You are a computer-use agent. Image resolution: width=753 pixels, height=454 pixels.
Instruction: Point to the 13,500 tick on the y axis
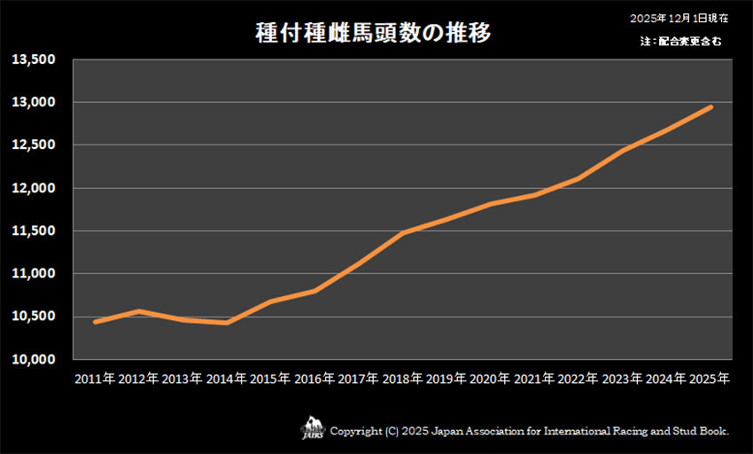click(x=34, y=59)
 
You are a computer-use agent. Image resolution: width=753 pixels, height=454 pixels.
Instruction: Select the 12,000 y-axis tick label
click(x=34, y=188)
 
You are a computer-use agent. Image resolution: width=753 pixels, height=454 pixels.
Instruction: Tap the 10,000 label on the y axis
click(x=34, y=359)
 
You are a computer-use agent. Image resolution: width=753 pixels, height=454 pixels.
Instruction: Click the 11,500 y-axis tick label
click(x=34, y=231)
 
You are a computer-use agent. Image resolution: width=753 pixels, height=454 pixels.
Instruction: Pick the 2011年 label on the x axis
click(x=95, y=379)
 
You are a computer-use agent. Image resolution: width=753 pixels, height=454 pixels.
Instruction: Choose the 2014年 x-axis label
click(x=227, y=379)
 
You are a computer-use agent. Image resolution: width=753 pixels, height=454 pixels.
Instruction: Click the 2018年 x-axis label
click(x=403, y=379)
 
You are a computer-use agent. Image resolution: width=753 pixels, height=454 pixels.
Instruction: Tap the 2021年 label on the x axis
click(x=535, y=379)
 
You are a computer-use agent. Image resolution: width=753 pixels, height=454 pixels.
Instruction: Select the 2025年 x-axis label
click(x=710, y=379)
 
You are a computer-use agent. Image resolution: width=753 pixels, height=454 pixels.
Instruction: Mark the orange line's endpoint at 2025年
click(x=710, y=107)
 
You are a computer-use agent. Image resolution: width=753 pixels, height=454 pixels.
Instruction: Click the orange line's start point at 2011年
click(x=95, y=321)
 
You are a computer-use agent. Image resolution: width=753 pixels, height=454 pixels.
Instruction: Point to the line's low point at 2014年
click(x=227, y=323)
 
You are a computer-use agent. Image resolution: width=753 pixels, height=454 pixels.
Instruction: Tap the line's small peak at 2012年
click(x=139, y=311)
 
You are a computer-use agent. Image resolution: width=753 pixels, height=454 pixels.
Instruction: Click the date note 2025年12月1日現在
click(x=679, y=18)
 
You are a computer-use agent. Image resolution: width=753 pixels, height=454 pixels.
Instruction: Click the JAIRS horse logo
click(x=314, y=428)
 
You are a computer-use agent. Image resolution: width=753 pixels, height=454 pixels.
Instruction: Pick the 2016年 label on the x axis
click(x=314, y=379)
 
